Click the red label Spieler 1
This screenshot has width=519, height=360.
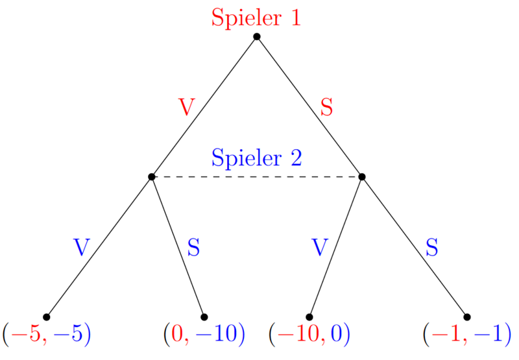pos(256,18)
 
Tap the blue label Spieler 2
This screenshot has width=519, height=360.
pos(256,158)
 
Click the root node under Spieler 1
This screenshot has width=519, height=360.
pos(256,36)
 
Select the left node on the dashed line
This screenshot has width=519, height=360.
pos(151,176)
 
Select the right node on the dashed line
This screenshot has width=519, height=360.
pos(362,176)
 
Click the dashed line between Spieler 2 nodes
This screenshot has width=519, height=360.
pos(256,176)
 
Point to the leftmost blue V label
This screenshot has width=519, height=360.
pos(81,247)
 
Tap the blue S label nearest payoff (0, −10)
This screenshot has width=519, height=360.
pos(194,247)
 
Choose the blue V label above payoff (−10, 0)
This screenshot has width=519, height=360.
pos(319,247)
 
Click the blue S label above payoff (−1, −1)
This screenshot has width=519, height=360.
pos(432,247)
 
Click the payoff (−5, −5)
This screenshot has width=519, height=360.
pos(46,334)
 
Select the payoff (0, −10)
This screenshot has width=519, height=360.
pos(204,334)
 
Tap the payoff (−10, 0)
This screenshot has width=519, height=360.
pos(309,334)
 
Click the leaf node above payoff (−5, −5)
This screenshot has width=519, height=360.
pos(46,317)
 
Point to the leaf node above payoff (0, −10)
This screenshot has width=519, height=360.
pos(204,317)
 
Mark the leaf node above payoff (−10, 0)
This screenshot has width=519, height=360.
pos(309,317)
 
